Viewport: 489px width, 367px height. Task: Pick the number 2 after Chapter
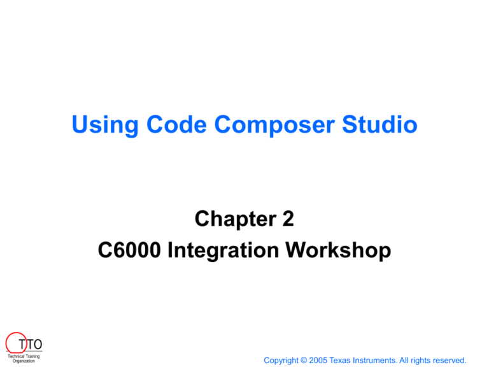point(287,220)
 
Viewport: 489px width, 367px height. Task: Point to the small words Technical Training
point(22,356)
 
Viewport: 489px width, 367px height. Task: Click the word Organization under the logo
point(24,361)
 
